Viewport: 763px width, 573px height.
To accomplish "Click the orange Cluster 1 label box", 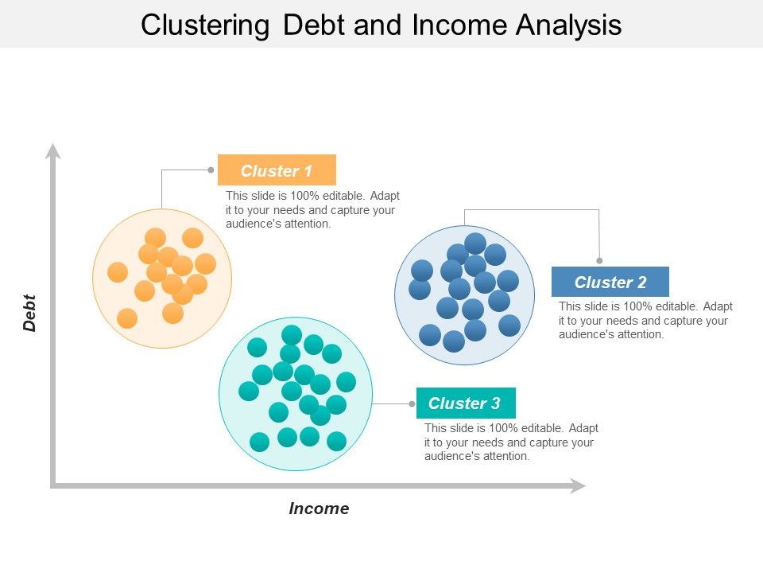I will [277, 170].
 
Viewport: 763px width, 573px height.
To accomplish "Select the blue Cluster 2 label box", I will [610, 282].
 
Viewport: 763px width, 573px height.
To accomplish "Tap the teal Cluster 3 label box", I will [466, 403].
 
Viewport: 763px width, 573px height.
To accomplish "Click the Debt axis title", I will [30, 313].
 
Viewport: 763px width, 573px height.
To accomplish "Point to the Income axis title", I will [319, 509].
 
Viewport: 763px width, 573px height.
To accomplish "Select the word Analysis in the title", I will [568, 25].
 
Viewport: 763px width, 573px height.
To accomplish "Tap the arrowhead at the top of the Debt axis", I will [53, 150].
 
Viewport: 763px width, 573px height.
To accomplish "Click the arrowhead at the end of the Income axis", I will [578, 485].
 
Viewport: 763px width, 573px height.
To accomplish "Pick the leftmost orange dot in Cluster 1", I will [118, 272].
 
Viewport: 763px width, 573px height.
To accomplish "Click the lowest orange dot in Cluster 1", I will [127, 318].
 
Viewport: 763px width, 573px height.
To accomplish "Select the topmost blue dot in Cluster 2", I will [475, 243].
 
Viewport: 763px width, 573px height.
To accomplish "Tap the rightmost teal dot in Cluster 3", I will [346, 382].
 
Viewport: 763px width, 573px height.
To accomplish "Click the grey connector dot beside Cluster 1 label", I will [211, 170].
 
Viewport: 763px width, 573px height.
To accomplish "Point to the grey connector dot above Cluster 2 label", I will [599, 260].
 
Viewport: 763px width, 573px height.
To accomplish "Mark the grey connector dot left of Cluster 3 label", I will [412, 403].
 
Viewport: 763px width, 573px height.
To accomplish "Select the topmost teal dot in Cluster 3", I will [292, 335].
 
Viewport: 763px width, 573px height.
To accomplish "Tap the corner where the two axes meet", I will [53, 485].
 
